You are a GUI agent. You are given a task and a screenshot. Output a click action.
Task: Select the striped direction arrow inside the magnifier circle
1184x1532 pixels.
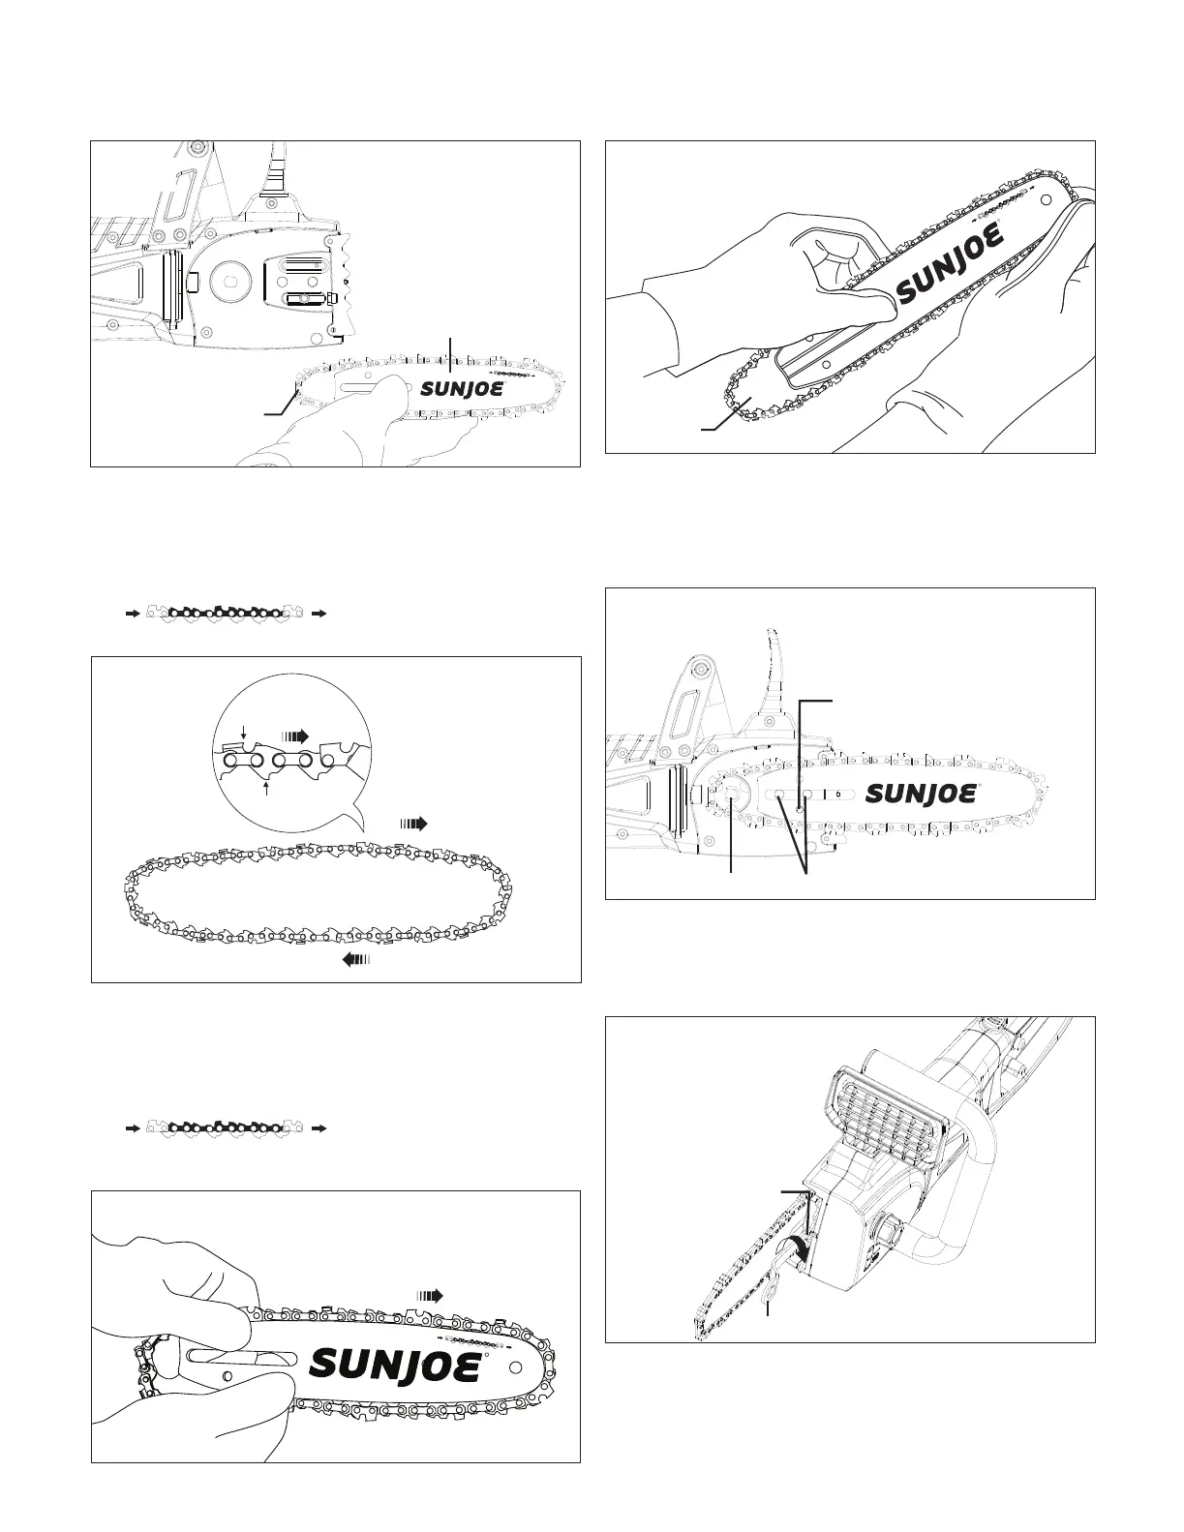(294, 735)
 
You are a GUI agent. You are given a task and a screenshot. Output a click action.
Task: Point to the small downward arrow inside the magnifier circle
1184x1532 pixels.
(244, 740)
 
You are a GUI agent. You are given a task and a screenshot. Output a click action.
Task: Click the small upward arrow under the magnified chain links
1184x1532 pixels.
(266, 788)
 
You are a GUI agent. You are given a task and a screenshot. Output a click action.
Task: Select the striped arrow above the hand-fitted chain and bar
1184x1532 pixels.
(429, 1294)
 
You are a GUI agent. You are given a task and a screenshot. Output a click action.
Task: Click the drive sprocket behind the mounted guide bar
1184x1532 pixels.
(728, 794)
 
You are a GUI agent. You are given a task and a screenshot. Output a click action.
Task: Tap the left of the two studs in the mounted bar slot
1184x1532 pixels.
(778, 794)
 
